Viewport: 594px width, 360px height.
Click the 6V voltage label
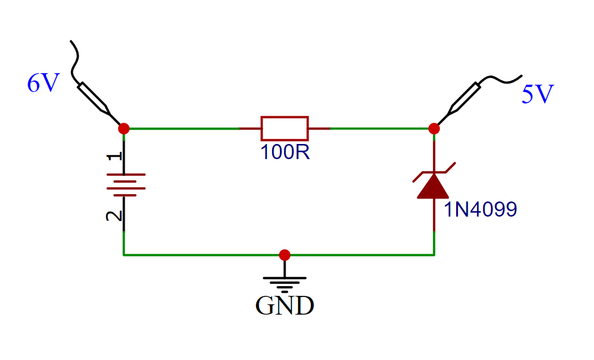coord(42,83)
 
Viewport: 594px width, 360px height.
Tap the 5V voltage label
coord(537,95)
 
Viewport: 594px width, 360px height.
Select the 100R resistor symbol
coord(284,128)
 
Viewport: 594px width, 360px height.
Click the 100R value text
coord(285,152)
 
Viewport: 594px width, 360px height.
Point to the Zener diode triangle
coord(434,186)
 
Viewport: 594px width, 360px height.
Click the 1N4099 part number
coord(480,210)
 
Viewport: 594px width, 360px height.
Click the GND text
coord(284,306)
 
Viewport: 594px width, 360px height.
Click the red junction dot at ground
coord(284,255)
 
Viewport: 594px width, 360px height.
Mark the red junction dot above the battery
coord(124,128)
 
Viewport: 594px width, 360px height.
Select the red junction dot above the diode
coord(434,128)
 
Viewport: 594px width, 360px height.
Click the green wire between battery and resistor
coord(181,128)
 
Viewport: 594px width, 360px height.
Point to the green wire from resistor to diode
coord(381,128)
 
